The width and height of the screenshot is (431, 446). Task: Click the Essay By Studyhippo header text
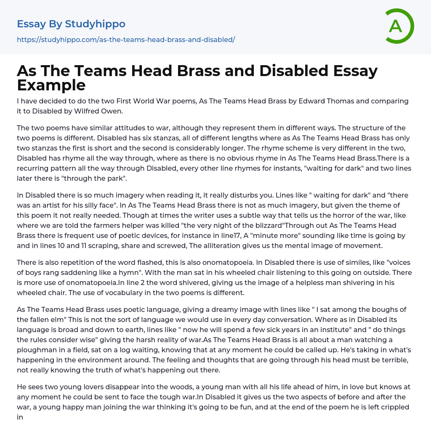(x=71, y=24)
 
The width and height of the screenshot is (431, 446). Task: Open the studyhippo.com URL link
(x=126, y=40)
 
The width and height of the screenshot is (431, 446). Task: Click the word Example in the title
(x=51, y=85)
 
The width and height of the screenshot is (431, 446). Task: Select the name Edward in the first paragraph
(x=296, y=101)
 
